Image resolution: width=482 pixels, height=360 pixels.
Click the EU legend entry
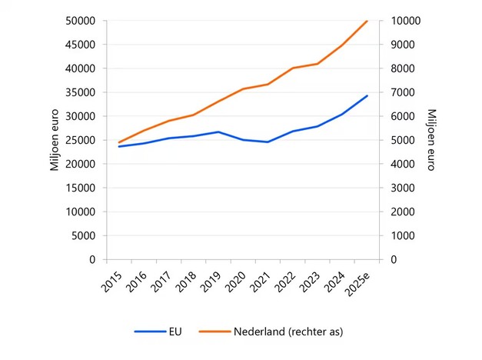(x=175, y=332)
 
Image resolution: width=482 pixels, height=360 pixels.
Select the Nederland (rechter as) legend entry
(x=288, y=332)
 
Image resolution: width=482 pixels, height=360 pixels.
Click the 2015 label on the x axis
(x=111, y=281)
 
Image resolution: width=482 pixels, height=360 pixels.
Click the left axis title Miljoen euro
(x=55, y=140)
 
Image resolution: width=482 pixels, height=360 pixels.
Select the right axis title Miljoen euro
(x=430, y=140)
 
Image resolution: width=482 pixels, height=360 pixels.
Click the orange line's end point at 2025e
(x=367, y=21)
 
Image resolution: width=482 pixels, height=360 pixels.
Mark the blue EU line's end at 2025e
(x=367, y=95)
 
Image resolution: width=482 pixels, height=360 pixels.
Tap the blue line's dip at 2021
(x=268, y=142)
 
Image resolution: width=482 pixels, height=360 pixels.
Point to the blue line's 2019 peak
(x=218, y=132)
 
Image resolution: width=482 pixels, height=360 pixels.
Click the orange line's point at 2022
(x=292, y=68)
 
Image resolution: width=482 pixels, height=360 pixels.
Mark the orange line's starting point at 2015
(x=119, y=142)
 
